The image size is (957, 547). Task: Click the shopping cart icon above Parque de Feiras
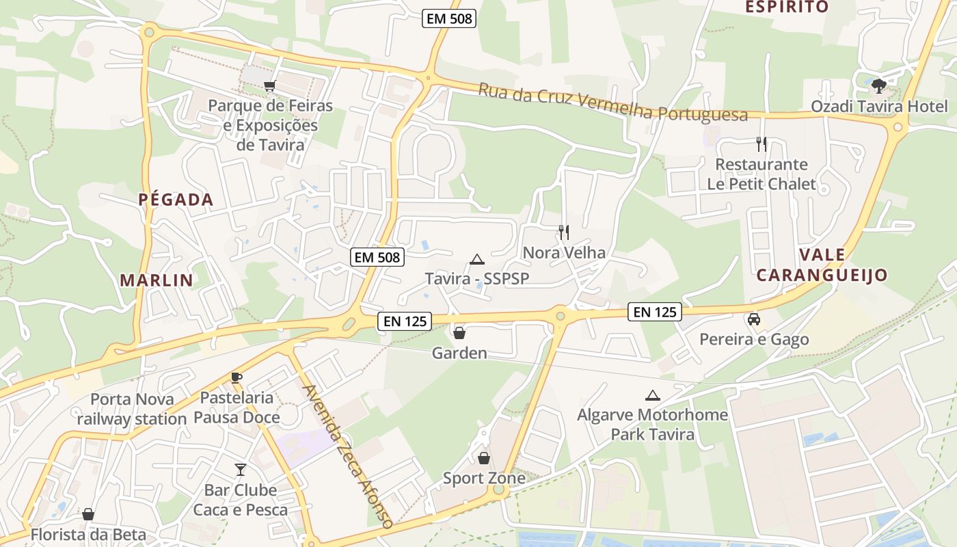pyautogui.click(x=269, y=85)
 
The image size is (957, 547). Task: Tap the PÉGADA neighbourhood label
pyautogui.click(x=176, y=200)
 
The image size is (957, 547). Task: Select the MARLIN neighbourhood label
pyautogui.click(x=157, y=280)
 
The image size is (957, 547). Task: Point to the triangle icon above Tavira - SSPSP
pyautogui.click(x=477, y=259)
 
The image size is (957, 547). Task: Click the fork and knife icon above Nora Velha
pyautogui.click(x=564, y=232)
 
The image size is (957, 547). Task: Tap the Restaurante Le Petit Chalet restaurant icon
pyautogui.click(x=761, y=144)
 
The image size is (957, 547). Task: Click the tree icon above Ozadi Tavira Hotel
pyautogui.click(x=879, y=86)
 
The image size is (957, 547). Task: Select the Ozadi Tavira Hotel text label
pyautogui.click(x=879, y=107)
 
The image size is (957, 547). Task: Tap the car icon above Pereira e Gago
pyautogui.click(x=754, y=319)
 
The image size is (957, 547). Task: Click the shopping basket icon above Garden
pyautogui.click(x=459, y=333)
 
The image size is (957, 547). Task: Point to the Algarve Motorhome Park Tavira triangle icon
pyautogui.click(x=653, y=395)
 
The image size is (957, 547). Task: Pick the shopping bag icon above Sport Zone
pyautogui.click(x=484, y=458)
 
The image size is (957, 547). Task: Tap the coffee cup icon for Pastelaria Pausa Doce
pyautogui.click(x=237, y=377)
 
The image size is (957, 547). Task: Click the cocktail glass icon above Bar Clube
pyautogui.click(x=241, y=470)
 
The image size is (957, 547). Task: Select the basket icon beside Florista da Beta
pyautogui.click(x=88, y=514)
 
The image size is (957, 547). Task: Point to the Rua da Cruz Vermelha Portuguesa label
pyautogui.click(x=612, y=103)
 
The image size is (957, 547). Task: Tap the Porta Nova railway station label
pyautogui.click(x=132, y=409)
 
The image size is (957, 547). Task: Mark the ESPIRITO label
pyautogui.click(x=786, y=7)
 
